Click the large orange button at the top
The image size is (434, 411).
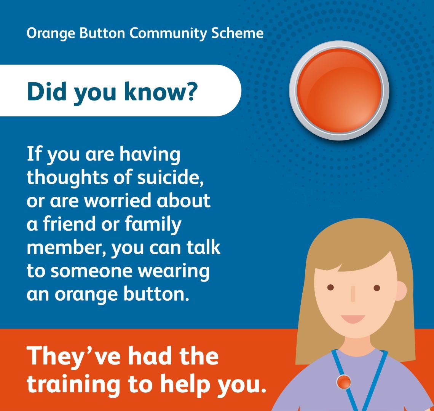[339, 91]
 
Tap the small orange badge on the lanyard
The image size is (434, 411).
[344, 382]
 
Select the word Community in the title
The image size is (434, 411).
[168, 33]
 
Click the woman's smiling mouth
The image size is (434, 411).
[353, 319]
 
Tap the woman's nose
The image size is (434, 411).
[353, 294]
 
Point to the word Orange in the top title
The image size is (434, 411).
[51, 33]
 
